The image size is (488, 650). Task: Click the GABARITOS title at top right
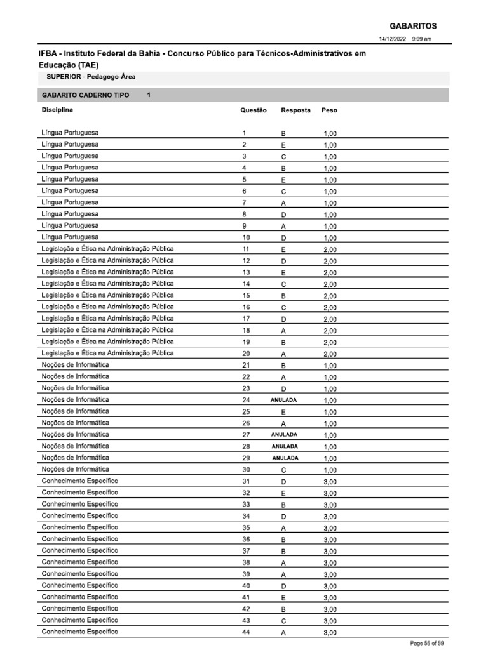pyautogui.click(x=412, y=26)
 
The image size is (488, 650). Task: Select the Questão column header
pyautogui.click(x=254, y=110)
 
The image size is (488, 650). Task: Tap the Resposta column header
pyautogui.click(x=295, y=110)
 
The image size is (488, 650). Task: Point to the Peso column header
pyautogui.click(x=329, y=110)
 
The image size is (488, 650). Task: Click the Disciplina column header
pyautogui.click(x=57, y=110)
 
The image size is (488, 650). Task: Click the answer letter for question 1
pyautogui.click(x=283, y=134)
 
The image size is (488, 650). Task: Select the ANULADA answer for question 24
pyautogui.click(x=283, y=400)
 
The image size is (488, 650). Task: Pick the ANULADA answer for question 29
pyautogui.click(x=285, y=458)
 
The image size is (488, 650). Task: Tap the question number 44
pyautogui.click(x=246, y=632)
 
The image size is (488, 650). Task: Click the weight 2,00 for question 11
pyautogui.click(x=330, y=250)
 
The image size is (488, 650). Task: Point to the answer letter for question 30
pyautogui.click(x=283, y=470)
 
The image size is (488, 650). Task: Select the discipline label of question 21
pyautogui.click(x=75, y=365)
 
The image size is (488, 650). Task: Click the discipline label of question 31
pyautogui.click(x=79, y=481)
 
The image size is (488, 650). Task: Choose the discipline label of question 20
pyautogui.click(x=107, y=353)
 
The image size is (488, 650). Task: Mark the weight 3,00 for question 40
pyautogui.click(x=330, y=587)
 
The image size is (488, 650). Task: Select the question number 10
pyautogui.click(x=246, y=237)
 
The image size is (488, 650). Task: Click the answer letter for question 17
pyautogui.click(x=283, y=319)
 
